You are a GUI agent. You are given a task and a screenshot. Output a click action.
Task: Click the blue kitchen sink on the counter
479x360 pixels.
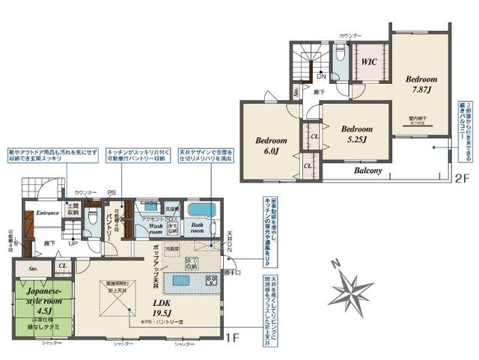click(183, 281)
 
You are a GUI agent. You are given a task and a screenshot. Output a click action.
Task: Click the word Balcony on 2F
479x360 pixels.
click(368, 171)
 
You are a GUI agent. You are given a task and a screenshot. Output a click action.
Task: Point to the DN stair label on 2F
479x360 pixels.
click(320, 76)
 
